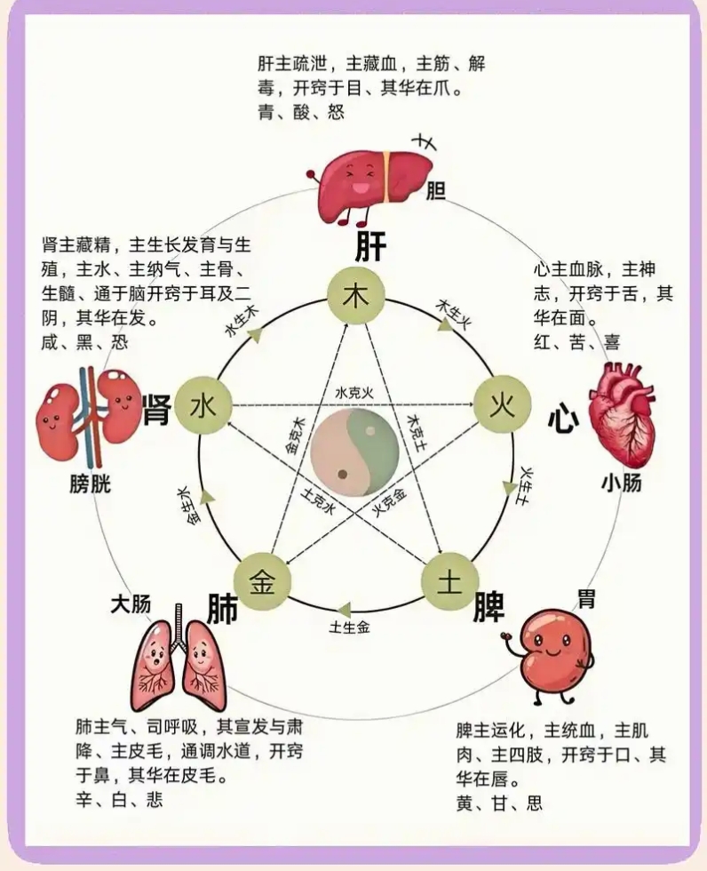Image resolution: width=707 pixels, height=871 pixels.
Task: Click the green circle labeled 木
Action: click(x=355, y=297)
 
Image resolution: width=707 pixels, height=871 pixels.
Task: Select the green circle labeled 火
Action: click(x=502, y=405)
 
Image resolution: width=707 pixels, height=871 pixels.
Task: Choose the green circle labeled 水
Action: click(x=203, y=405)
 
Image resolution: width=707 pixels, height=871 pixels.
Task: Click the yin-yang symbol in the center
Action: click(x=355, y=452)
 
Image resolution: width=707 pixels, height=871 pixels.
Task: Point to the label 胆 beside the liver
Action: click(x=435, y=192)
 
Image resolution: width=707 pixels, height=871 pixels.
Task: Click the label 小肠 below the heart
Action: click(x=622, y=483)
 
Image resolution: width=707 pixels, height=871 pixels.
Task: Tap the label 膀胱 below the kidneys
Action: click(x=91, y=483)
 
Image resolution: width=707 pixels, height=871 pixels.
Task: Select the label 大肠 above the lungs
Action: click(x=131, y=604)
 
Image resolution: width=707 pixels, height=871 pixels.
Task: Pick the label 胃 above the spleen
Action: click(x=586, y=599)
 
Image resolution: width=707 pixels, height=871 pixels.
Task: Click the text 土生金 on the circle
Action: click(x=350, y=627)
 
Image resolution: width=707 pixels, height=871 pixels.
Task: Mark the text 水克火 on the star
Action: click(x=354, y=393)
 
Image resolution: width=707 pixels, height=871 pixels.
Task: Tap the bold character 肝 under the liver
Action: click(x=370, y=246)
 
